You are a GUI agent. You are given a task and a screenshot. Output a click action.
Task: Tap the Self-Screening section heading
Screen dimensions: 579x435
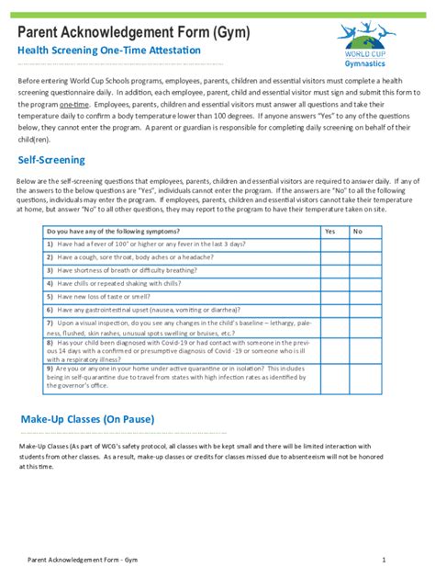[x=51, y=160]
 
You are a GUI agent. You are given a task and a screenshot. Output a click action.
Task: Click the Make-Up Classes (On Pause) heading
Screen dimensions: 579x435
[x=87, y=419]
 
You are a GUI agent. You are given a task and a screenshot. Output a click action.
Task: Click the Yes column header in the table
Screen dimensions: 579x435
[x=330, y=232]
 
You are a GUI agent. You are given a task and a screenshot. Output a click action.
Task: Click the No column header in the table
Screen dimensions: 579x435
[x=358, y=232]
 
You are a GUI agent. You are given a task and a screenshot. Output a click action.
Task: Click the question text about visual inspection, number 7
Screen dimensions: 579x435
[x=179, y=327]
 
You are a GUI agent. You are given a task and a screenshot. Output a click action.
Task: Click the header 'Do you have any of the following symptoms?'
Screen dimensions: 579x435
[x=113, y=232]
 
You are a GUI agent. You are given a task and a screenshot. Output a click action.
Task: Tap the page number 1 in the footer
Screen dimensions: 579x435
[x=384, y=559]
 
